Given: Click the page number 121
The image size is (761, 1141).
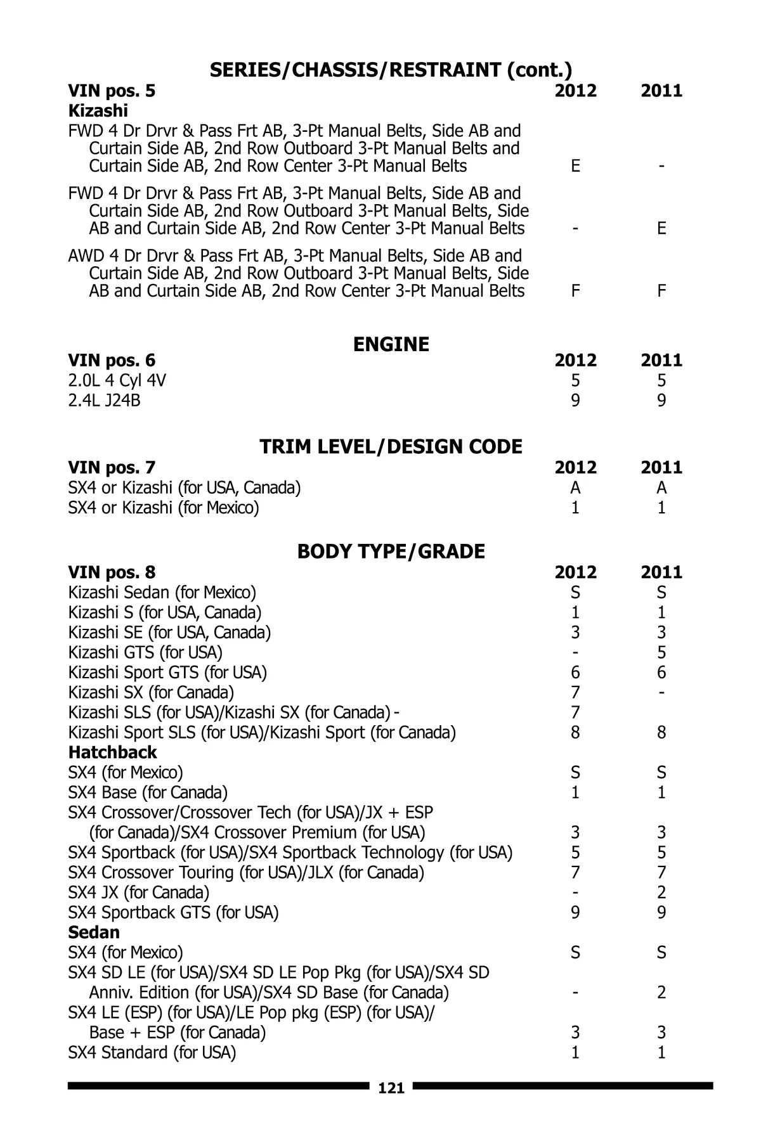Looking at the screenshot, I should (x=391, y=1088).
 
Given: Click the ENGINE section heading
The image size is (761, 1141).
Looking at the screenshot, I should (x=391, y=344).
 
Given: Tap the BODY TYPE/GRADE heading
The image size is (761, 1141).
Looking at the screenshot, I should (x=391, y=551).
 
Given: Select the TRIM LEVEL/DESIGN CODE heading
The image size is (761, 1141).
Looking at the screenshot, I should (x=391, y=447).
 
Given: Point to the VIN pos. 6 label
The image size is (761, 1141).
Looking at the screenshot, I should (x=112, y=361).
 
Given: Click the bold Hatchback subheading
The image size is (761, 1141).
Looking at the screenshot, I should (x=112, y=752).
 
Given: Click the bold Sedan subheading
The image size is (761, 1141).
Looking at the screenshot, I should (x=94, y=932).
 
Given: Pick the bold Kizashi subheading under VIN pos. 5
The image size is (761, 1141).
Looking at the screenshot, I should (x=98, y=111).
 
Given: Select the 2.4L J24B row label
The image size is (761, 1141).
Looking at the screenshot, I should (x=104, y=401).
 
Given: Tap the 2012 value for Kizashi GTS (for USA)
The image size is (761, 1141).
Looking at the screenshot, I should (x=575, y=652).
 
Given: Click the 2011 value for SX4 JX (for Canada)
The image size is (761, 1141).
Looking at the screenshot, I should (x=661, y=893).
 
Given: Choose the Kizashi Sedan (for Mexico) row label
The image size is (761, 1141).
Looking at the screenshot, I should (x=162, y=593).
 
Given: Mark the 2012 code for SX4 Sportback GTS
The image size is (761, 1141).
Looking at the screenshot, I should (x=575, y=913).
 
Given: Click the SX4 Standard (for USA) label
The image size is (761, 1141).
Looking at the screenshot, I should (x=152, y=1053).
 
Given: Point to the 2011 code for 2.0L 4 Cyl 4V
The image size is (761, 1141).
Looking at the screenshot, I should (x=661, y=380).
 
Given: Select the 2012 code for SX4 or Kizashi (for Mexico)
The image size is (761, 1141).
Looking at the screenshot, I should (x=575, y=508).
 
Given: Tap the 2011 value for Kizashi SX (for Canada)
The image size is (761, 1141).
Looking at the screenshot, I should (x=661, y=692).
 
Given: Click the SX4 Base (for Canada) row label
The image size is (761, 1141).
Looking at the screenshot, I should (x=148, y=792).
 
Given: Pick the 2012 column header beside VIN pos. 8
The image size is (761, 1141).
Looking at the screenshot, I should (x=575, y=572).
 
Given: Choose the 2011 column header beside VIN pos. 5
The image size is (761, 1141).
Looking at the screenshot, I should (x=661, y=91).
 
